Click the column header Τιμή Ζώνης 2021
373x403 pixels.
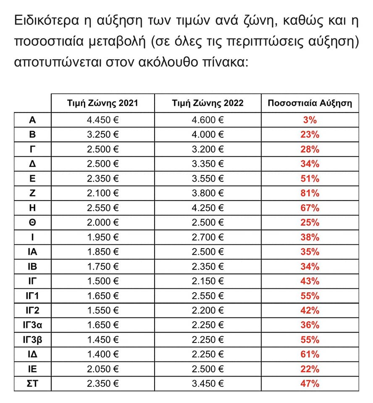click(x=102, y=103)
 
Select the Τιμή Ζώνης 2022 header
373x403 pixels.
click(x=208, y=103)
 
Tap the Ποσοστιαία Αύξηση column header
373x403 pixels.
click(x=310, y=103)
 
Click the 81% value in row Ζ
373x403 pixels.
click(x=310, y=193)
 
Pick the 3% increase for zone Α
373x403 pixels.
click(x=310, y=120)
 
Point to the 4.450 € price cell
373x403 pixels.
click(x=102, y=120)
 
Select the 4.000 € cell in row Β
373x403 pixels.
click(x=208, y=135)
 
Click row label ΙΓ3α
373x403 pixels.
click(x=32, y=325)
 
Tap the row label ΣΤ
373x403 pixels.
click(x=32, y=383)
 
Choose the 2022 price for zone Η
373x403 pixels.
click(x=208, y=208)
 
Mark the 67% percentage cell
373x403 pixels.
click(x=310, y=208)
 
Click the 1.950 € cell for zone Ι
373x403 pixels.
click(x=102, y=237)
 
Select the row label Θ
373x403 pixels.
click(x=32, y=222)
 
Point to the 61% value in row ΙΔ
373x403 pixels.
click(x=310, y=354)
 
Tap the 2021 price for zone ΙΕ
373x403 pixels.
click(x=102, y=369)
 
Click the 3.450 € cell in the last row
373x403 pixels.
click(x=208, y=383)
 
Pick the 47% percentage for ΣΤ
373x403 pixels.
click(x=310, y=383)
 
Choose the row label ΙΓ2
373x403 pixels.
click(x=32, y=311)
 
